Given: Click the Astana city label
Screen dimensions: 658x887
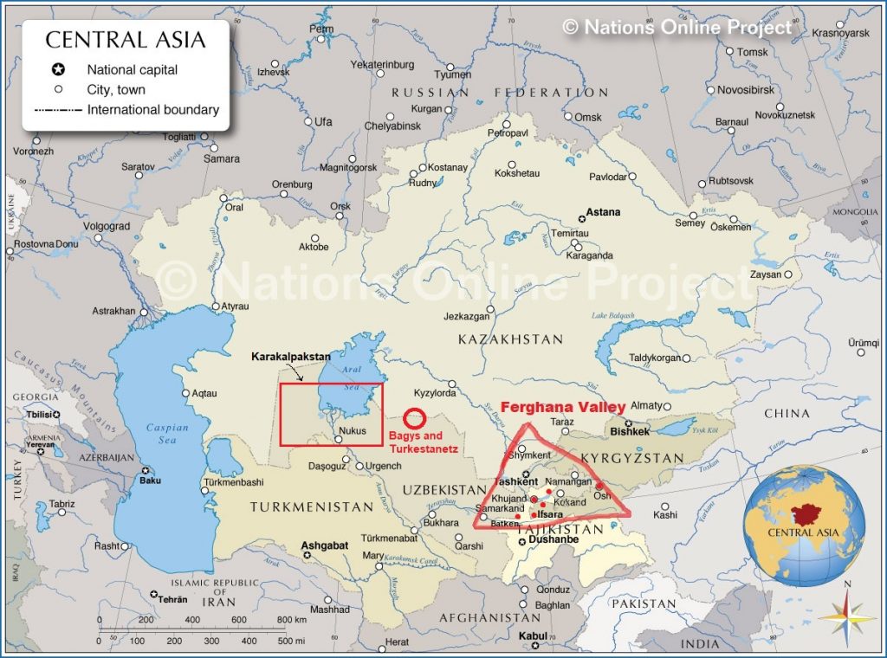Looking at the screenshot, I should pyautogui.click(x=603, y=212).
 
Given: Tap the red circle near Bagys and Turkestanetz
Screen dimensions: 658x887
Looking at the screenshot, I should pyautogui.click(x=414, y=418).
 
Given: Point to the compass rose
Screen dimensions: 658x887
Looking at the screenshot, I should pyautogui.click(x=848, y=616).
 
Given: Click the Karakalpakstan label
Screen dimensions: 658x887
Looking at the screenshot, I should pyautogui.click(x=291, y=357).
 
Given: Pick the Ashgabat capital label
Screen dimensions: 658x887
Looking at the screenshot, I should pyautogui.click(x=324, y=546).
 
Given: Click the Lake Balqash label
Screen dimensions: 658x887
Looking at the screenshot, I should pyautogui.click(x=612, y=315).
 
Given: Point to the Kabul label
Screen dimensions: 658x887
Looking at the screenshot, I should pyautogui.click(x=533, y=635).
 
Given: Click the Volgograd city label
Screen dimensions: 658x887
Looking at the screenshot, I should pyautogui.click(x=106, y=227).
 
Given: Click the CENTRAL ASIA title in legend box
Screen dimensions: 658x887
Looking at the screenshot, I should pyautogui.click(x=126, y=40).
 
